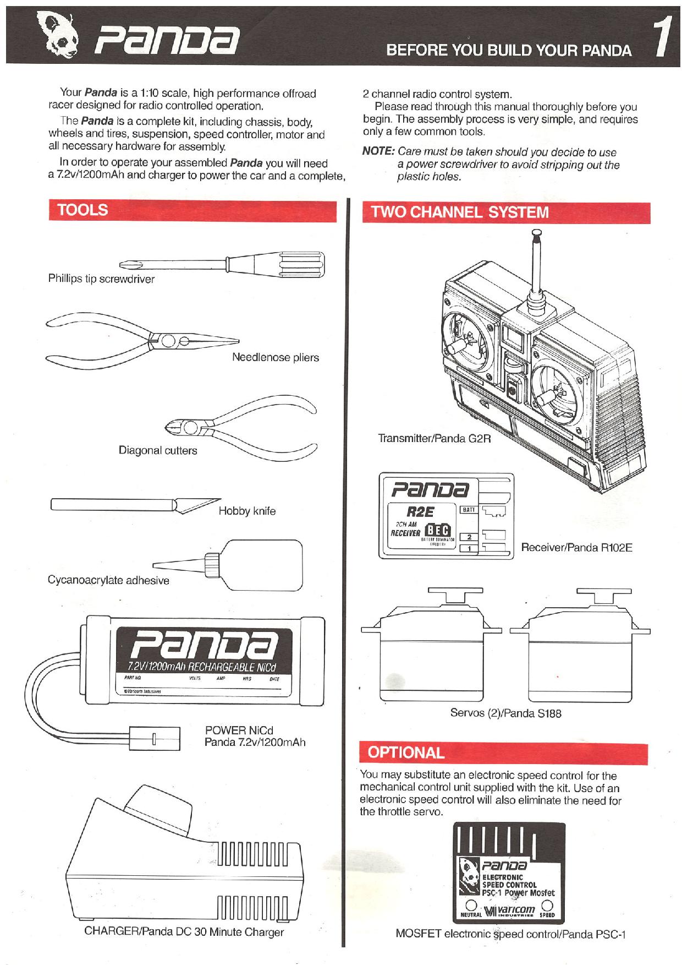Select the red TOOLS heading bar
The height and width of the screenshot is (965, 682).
click(192, 211)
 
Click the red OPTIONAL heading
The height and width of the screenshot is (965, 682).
click(406, 753)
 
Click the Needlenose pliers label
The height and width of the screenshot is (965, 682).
click(275, 358)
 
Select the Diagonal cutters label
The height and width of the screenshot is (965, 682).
click(158, 451)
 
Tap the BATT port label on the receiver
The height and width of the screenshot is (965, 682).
click(469, 510)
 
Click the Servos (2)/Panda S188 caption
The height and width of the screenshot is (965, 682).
click(505, 713)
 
